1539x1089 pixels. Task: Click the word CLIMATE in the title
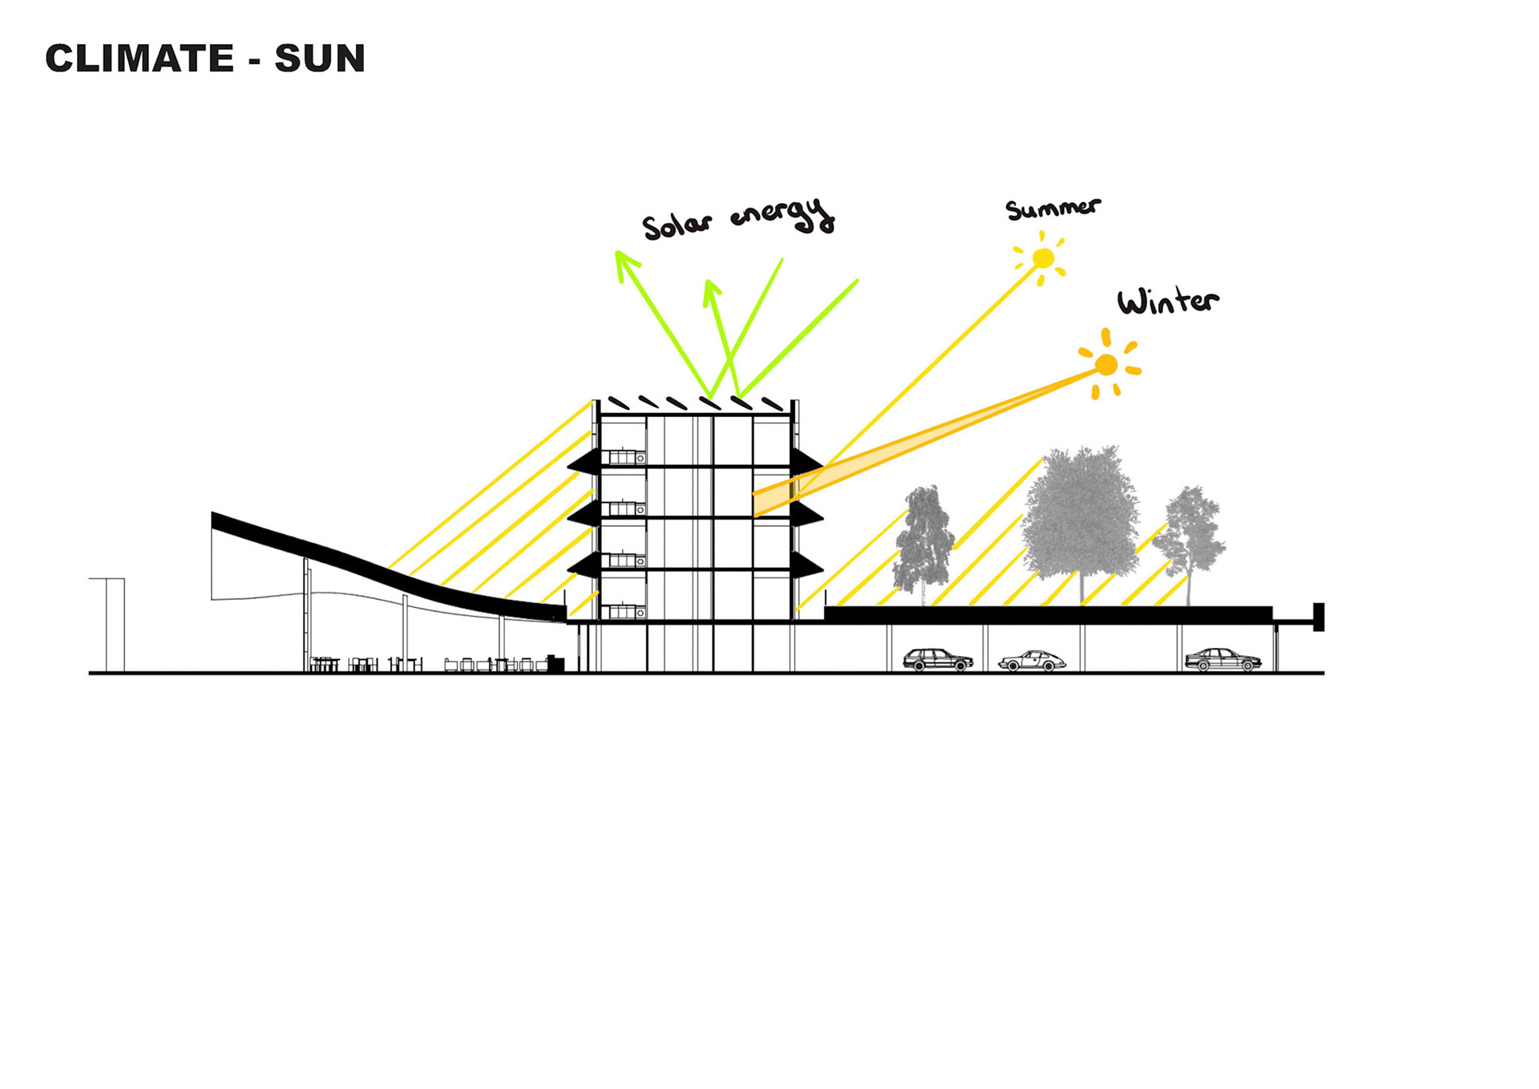[x=139, y=59]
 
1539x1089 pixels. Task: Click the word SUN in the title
[x=320, y=59]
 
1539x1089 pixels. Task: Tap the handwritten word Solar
[x=677, y=225]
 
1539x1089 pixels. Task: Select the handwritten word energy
[x=783, y=214]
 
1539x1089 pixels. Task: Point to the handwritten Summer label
[x=1052, y=208]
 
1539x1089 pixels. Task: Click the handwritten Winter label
[x=1168, y=302]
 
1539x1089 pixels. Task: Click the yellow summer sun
[x=1043, y=258]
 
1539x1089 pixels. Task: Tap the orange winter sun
[x=1106, y=365]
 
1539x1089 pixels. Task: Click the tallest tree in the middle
[x=1081, y=513]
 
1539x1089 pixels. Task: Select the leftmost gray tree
[x=924, y=541]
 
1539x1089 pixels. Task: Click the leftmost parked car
[x=937, y=660]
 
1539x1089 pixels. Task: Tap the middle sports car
[x=1032, y=661]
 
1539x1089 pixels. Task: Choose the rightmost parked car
[x=1222, y=659]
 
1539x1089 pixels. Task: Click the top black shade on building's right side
[x=806, y=462]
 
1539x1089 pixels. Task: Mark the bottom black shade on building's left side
[x=584, y=565]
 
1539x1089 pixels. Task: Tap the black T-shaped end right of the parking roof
[x=1318, y=617]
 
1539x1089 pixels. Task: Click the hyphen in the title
[x=255, y=61]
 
